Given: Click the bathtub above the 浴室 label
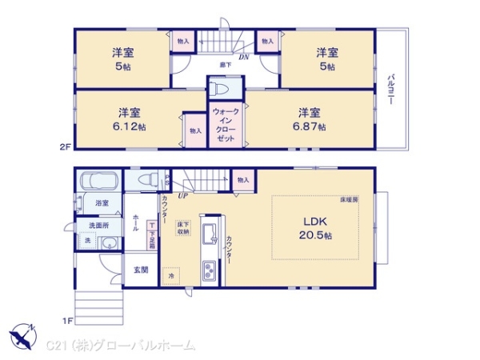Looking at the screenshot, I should coord(98,182).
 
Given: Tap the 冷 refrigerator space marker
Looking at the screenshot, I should coord(170,275).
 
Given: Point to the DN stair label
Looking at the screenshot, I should coord(244,57).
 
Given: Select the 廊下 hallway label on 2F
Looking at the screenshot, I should coord(225,64).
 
